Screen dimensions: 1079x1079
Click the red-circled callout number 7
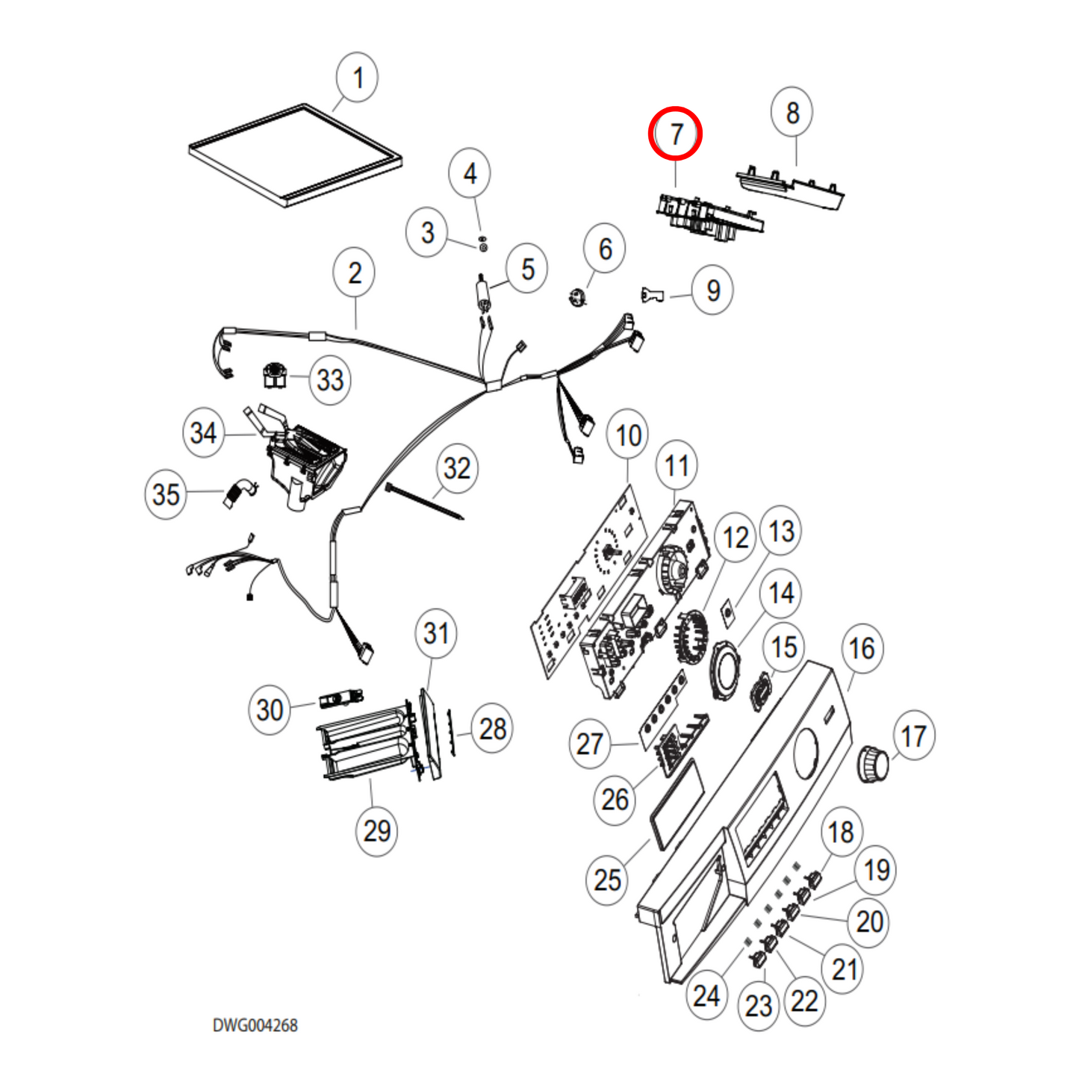coord(675,134)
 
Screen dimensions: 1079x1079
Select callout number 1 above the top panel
coord(357,78)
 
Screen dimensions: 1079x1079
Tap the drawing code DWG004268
coord(255,1025)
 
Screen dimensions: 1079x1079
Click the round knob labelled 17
coord(872,763)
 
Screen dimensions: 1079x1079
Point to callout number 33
coord(330,380)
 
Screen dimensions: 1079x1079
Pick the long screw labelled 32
coord(424,501)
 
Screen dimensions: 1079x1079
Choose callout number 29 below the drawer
coord(376,830)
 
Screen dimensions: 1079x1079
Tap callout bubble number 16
coord(862,648)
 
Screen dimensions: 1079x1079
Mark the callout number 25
coord(607,880)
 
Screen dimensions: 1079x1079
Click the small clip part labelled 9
coord(652,295)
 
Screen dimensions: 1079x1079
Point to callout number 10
coord(628,435)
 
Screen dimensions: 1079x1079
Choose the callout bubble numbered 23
coord(759,1006)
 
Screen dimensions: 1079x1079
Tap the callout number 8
coord(792,113)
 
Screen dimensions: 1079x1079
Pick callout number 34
coord(203,432)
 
